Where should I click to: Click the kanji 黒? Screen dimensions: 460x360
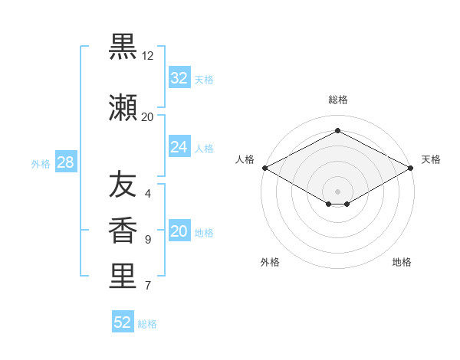123,47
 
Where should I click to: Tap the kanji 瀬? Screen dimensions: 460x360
123,108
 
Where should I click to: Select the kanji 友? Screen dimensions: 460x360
123,184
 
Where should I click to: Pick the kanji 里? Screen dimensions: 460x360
123,276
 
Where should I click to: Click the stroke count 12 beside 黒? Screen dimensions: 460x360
147,56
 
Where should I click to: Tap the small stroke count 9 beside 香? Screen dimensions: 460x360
148,240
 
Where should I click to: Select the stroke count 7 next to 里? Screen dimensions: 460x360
148,285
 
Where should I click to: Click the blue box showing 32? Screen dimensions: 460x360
179,77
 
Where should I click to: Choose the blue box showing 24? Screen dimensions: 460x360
179,146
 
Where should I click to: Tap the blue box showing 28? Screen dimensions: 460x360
66,162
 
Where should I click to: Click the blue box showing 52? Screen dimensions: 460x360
123,321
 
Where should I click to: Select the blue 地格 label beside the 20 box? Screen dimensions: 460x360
204,233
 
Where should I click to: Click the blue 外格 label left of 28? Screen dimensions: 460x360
41,164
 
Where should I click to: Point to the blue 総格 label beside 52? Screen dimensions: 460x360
147,324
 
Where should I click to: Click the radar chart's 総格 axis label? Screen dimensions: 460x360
338,100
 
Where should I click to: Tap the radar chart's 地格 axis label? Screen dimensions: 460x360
402,262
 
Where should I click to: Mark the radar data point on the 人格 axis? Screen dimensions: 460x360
265,168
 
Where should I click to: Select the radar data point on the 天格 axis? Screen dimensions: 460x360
411,168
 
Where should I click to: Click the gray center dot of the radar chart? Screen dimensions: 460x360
337,191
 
